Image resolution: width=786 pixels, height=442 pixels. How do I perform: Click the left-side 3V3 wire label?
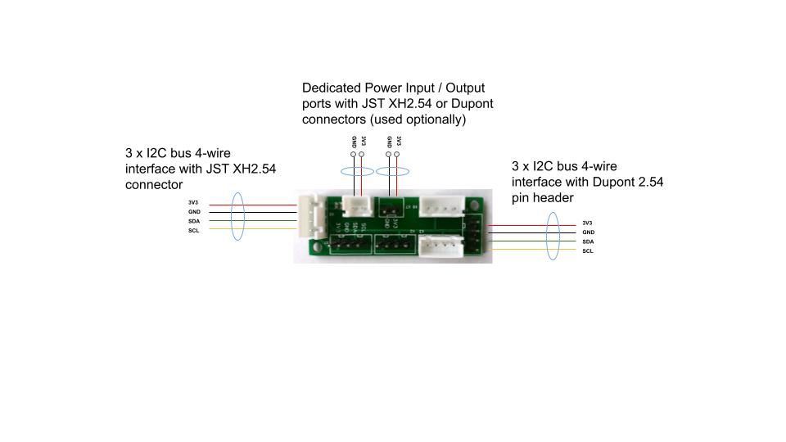point(194,203)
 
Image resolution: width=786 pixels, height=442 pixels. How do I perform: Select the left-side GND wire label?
point(194,212)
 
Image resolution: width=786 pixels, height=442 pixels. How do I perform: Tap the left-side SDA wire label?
point(194,221)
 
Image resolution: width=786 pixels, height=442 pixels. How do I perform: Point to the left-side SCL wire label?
point(194,230)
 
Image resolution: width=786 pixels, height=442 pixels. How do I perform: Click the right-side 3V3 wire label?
point(588,223)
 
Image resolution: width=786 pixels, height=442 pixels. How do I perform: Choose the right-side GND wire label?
point(588,232)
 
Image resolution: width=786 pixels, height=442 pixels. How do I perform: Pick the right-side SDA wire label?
point(588,241)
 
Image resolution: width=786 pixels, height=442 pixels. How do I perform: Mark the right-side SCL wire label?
point(588,250)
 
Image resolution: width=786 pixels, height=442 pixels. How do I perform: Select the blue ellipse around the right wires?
point(552,237)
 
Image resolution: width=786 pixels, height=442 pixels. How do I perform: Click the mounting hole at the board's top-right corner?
point(477,201)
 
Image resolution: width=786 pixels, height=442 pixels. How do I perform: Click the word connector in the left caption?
point(153,185)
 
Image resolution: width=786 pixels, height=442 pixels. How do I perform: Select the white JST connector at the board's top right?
point(441,208)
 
